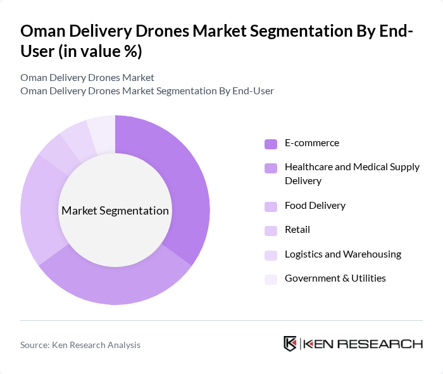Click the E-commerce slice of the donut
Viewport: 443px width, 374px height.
pos(184,184)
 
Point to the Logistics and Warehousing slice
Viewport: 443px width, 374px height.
pos(75,135)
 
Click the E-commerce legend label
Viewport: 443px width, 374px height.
pos(311,143)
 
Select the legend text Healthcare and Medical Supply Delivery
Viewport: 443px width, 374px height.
pos(351,174)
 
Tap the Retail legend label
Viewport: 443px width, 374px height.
pos(297,230)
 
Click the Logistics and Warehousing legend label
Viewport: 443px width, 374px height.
pos(342,254)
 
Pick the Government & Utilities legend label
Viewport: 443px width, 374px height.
pos(335,278)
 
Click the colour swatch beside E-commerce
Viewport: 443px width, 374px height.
pos(271,144)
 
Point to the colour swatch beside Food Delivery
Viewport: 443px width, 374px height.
pos(271,206)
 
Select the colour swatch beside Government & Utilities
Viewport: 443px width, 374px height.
pos(271,279)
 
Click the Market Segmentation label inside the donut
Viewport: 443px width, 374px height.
pos(115,211)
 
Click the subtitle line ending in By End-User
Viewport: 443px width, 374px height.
pos(147,91)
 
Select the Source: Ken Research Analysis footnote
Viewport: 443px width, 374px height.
pos(80,345)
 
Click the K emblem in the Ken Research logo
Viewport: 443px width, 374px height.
pos(290,344)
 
